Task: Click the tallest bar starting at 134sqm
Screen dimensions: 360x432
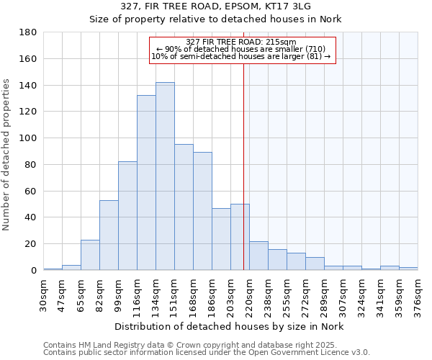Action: (x=165, y=176)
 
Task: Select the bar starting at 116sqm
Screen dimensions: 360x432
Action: (x=146, y=183)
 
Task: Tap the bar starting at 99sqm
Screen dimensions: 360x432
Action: (x=127, y=216)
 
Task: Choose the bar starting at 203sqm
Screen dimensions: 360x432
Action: (x=240, y=237)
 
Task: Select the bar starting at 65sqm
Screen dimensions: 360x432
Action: (x=90, y=255)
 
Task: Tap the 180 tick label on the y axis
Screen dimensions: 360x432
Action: (x=28, y=32)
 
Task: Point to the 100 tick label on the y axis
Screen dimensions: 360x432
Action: (x=28, y=138)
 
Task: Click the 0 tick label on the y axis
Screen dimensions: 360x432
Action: (x=33, y=271)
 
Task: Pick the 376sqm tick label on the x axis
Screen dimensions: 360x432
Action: (x=418, y=295)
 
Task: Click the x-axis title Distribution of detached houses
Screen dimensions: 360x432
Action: (x=230, y=326)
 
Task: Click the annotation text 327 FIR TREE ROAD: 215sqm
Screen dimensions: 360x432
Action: (x=240, y=42)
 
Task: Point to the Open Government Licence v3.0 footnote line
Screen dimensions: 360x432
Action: (x=207, y=352)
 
